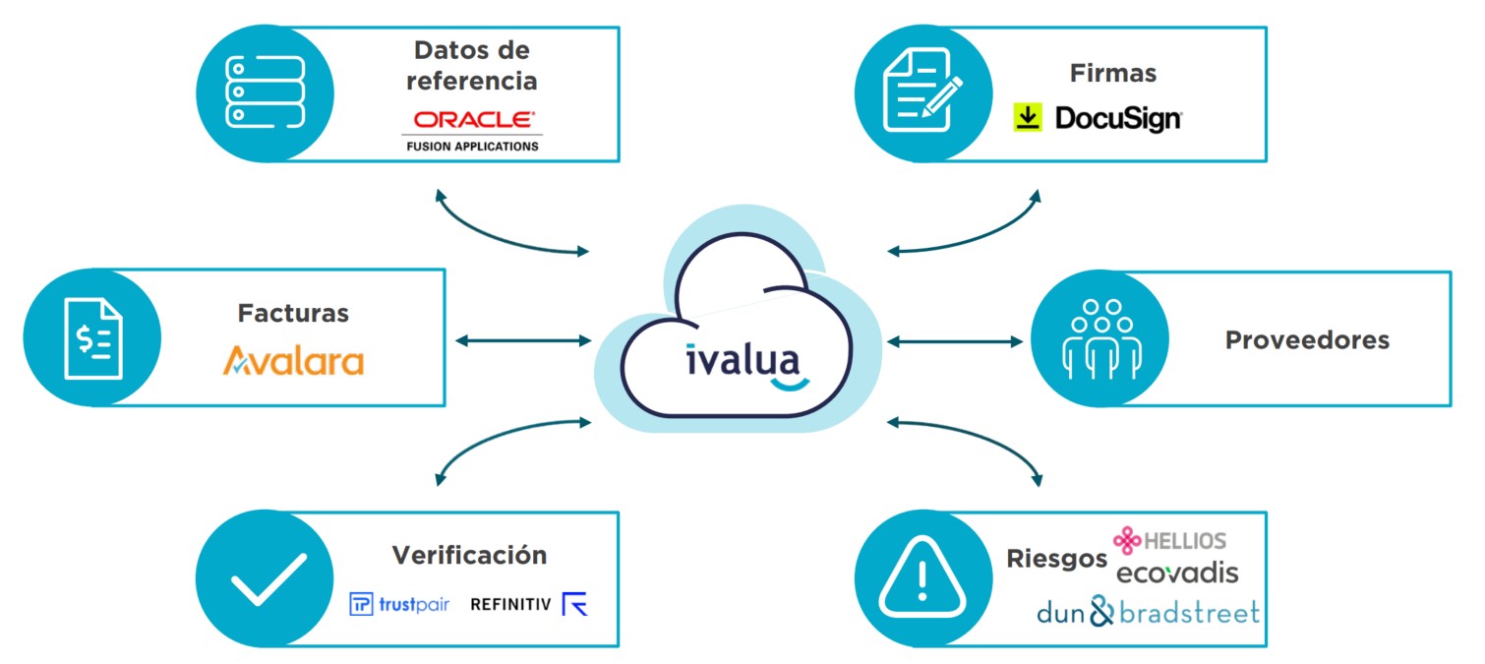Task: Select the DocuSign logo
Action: (x=1098, y=119)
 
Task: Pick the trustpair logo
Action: (x=399, y=604)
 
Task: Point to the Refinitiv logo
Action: (x=528, y=604)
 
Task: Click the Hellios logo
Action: (x=1169, y=540)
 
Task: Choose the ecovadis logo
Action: (x=1177, y=573)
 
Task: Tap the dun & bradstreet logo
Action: (x=1148, y=613)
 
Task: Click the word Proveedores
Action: (x=1307, y=340)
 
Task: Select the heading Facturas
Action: (x=293, y=314)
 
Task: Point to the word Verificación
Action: (x=469, y=555)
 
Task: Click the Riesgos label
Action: (x=1056, y=559)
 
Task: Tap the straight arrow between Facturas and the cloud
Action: (x=522, y=341)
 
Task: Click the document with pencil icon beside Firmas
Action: (x=921, y=92)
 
